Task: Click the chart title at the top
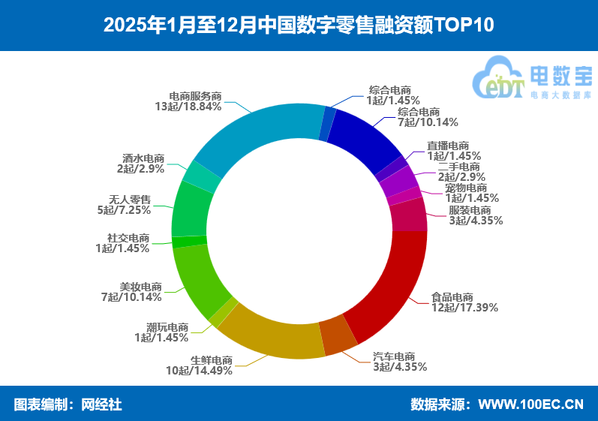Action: pos(299,25)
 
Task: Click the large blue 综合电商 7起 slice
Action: pos(364,139)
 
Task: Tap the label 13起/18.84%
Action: pos(188,107)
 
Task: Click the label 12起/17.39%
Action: pos(464,307)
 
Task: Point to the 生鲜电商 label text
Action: pos(211,359)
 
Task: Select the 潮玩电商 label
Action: pos(167,327)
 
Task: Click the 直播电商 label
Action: pos(448,146)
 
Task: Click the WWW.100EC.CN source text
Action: pos(530,404)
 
